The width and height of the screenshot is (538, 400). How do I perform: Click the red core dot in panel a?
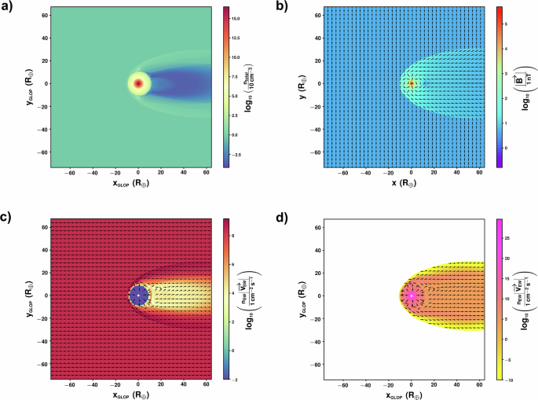(138, 83)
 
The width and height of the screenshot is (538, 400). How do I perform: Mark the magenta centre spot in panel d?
(411, 295)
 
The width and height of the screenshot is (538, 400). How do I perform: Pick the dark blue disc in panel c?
(138, 295)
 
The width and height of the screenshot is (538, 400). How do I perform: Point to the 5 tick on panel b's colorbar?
(507, 24)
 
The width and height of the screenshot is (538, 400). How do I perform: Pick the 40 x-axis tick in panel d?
(456, 384)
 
